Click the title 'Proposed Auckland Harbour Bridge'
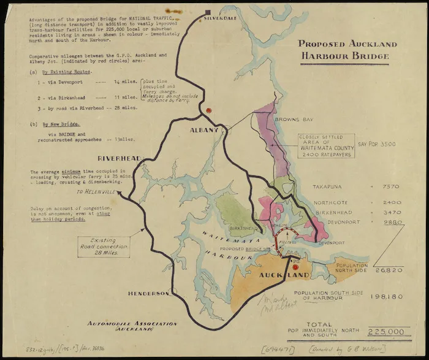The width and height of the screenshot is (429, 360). [347, 51]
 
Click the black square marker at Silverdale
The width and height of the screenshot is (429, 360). [209, 12]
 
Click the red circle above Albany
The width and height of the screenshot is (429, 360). [209, 111]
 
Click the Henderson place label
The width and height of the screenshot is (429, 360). [148, 294]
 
